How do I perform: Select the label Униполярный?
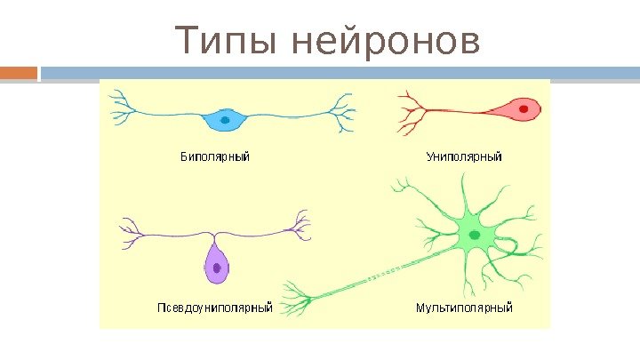(463, 157)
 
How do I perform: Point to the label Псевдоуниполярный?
(214, 308)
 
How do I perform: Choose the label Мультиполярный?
(464, 308)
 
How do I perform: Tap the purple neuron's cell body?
(216, 265)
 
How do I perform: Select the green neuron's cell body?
(474, 234)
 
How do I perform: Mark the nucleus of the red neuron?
(525, 109)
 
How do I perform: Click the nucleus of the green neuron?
(475, 235)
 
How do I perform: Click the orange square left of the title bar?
(18, 72)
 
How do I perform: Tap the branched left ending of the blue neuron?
(121, 113)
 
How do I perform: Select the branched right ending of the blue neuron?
(342, 113)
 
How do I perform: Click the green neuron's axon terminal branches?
(296, 297)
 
